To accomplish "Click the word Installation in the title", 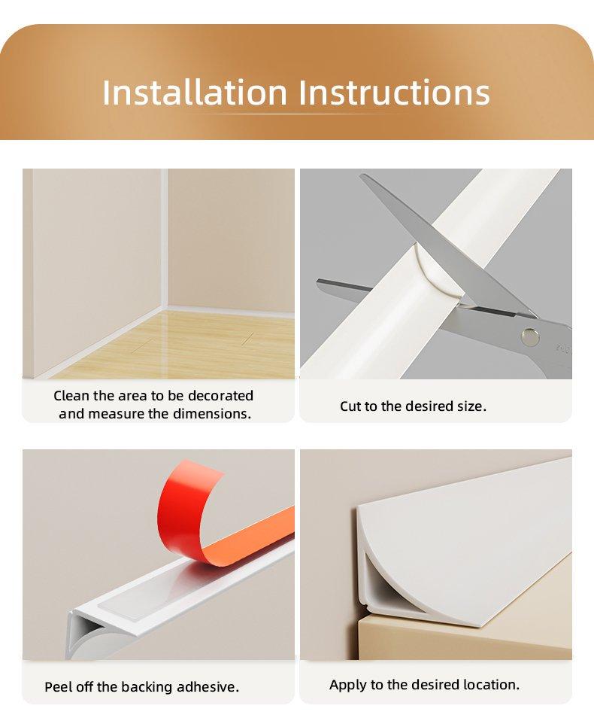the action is click(x=195, y=93).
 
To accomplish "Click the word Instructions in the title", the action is click(x=394, y=93).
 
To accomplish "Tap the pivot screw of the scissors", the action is click(x=530, y=336).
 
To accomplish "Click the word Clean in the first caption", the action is click(x=71, y=396).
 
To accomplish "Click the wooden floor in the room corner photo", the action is click(x=185, y=345).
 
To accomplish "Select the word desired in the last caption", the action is click(x=433, y=684).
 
